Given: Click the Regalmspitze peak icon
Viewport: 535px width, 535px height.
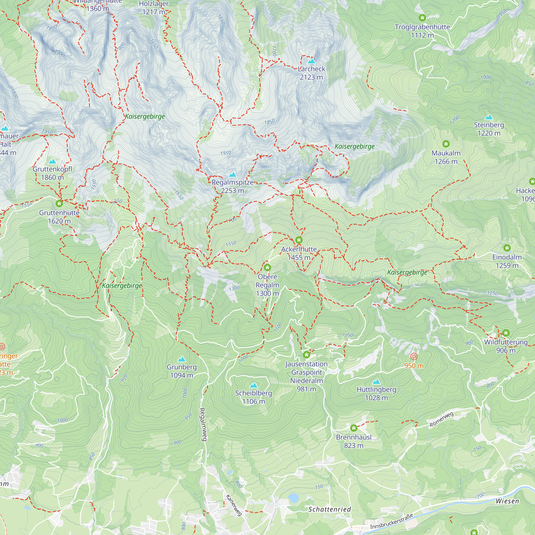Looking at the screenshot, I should pyautogui.click(x=233, y=175).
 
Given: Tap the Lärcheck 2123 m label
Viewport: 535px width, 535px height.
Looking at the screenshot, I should pyautogui.click(x=311, y=73).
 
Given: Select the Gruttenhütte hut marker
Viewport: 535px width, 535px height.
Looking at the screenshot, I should pyautogui.click(x=59, y=204).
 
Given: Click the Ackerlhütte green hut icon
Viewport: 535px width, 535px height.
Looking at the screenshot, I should pyautogui.click(x=299, y=240).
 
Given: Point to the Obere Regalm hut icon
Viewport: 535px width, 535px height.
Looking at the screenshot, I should pyautogui.click(x=267, y=267).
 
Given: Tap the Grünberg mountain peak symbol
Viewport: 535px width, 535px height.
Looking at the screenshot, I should pyautogui.click(x=181, y=360).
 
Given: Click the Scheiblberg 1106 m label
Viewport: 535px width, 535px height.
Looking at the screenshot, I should pyautogui.click(x=253, y=397).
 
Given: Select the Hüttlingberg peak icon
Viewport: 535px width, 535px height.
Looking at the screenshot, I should pyautogui.click(x=376, y=382).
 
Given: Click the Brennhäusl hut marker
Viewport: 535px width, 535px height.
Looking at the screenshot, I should pyautogui.click(x=354, y=428).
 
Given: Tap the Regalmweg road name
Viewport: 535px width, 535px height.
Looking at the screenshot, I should pyautogui.click(x=203, y=424).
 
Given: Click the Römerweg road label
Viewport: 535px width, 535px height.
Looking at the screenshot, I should pyautogui.click(x=441, y=419).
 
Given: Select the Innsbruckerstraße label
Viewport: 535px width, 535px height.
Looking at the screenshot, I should pyautogui.click(x=392, y=521).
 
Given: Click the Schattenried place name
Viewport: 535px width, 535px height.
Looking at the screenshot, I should pyautogui.click(x=330, y=509).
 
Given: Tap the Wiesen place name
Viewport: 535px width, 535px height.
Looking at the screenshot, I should pyautogui.click(x=507, y=501).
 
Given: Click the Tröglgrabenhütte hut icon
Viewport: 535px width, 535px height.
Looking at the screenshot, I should pyautogui.click(x=422, y=18).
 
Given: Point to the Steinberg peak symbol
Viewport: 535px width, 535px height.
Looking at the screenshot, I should pyautogui.click(x=489, y=117).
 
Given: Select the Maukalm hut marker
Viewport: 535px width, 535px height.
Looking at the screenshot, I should pyautogui.click(x=446, y=144).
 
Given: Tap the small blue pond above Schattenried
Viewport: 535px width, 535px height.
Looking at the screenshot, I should pyautogui.click(x=293, y=498).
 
